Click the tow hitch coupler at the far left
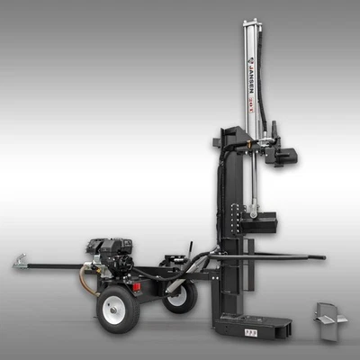[21, 263]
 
